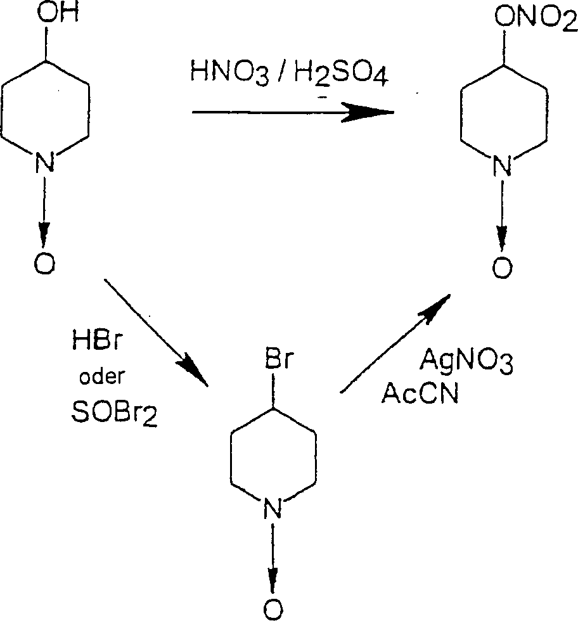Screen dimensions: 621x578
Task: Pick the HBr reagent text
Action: click(x=95, y=348)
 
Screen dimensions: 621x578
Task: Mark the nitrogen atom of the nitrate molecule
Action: click(x=503, y=167)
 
